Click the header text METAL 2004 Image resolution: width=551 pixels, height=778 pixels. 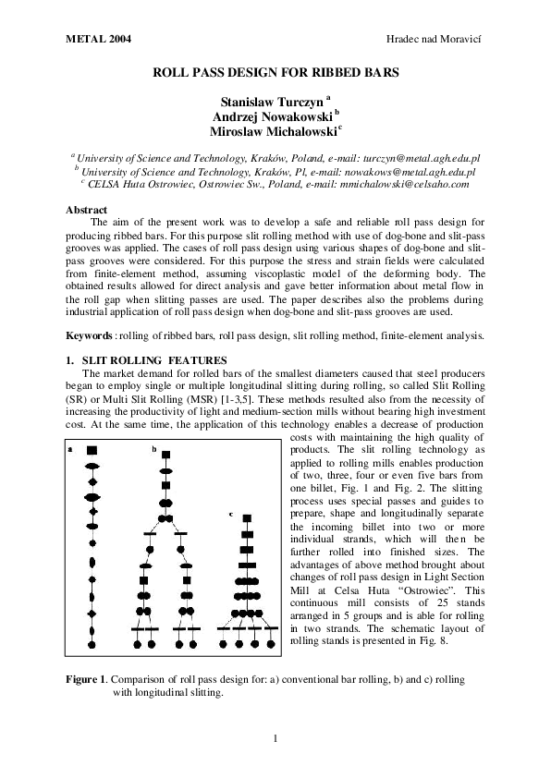pyautogui.click(x=99, y=42)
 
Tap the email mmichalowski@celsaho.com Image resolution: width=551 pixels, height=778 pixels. pyautogui.click(x=410, y=184)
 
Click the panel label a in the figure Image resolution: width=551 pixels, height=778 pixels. pyautogui.click(x=71, y=449)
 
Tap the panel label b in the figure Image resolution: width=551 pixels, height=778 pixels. pyautogui.click(x=153, y=449)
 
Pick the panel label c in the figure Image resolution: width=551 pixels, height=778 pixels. pyautogui.click(x=231, y=513)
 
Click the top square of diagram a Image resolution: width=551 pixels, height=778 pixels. pyautogui.click(x=92, y=449)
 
